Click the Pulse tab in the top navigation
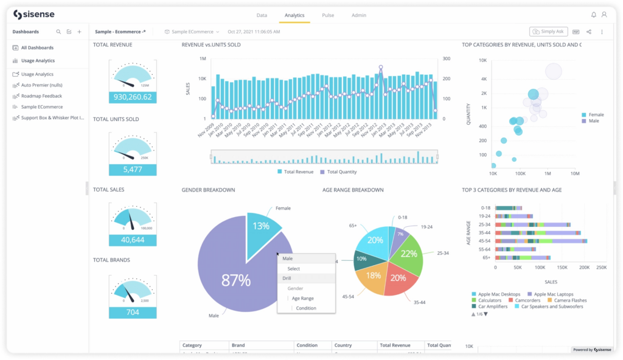click(x=328, y=15)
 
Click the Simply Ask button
click(x=548, y=32)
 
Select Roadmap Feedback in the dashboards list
click(x=41, y=96)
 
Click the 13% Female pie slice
click(x=262, y=226)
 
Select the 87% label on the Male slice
click(x=235, y=280)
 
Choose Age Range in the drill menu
click(x=303, y=299)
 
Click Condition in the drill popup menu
click(x=306, y=308)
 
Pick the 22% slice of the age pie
click(x=409, y=254)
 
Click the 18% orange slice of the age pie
click(x=373, y=275)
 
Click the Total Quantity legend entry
click(x=339, y=172)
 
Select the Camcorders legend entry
click(x=526, y=300)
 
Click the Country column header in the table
click(x=343, y=345)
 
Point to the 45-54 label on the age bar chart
click(x=485, y=240)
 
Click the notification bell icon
click(x=593, y=15)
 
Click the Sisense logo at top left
click(x=35, y=15)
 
